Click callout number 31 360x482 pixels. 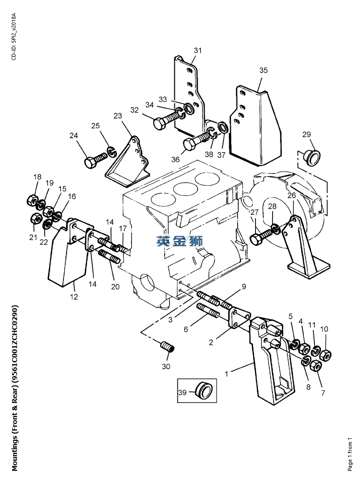coord(197,50)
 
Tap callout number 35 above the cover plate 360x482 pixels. coord(263,70)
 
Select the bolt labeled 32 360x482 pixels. coord(166,120)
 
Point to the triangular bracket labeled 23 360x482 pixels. coord(128,164)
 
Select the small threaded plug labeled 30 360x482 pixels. coord(167,347)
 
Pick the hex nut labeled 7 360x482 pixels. coord(316,366)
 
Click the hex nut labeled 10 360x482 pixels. coord(325,355)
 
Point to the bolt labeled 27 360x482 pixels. coord(261,236)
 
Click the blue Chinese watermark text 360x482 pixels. coord(180,241)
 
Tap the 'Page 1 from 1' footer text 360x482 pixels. coord(350,454)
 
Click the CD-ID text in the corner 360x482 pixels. coord(14,36)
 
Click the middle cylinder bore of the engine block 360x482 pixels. coord(185,189)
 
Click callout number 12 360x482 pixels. coord(74,297)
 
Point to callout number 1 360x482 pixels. coord(226,374)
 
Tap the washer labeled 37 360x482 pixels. coord(223,127)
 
